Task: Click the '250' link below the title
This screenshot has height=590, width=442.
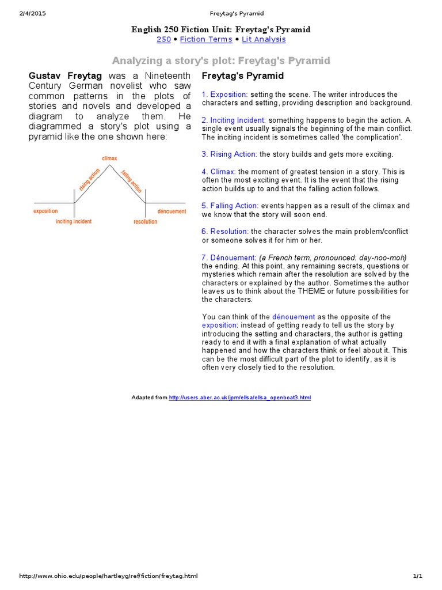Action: pos(163,39)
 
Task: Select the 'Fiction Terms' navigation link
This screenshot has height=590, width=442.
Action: pos(206,39)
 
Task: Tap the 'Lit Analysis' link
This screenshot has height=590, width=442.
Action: pos(264,39)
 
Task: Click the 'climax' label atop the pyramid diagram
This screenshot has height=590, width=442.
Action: pos(109,158)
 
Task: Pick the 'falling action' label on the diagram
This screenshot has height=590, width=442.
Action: pos(131,180)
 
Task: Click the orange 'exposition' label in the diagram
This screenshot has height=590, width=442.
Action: pos(45,211)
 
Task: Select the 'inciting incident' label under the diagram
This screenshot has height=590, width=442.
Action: pos(74,222)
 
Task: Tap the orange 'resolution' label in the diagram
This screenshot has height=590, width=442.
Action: pos(145,222)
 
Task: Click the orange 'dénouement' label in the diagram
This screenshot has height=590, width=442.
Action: pos(172,211)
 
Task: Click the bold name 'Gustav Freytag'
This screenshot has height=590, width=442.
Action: pos(65,75)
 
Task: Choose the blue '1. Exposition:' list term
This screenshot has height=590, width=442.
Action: pos(224,94)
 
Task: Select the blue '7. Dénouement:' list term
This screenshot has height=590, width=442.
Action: pos(228,257)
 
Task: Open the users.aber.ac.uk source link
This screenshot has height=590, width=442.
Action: pos(239,398)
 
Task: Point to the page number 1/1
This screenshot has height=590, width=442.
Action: pos(417,576)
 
